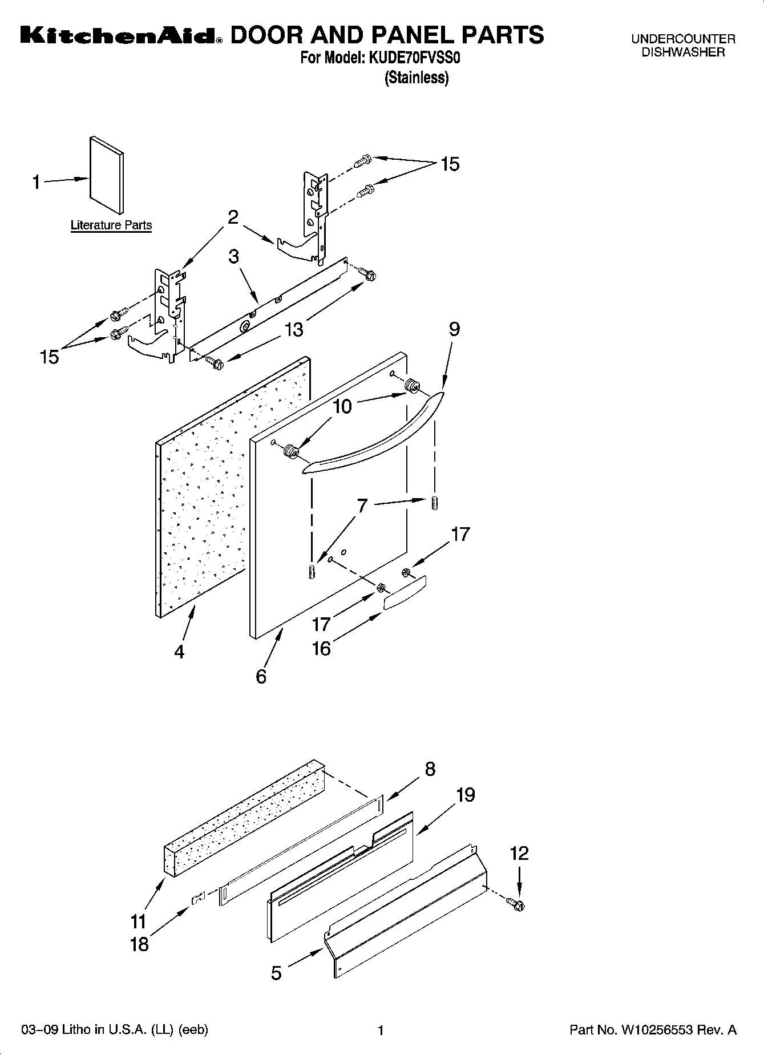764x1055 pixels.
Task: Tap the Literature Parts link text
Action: click(111, 225)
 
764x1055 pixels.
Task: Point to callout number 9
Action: click(454, 329)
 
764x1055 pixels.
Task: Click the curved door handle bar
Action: click(371, 434)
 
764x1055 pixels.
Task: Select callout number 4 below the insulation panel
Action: click(179, 652)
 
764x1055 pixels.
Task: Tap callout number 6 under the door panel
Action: click(261, 677)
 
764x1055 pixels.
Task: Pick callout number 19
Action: click(466, 795)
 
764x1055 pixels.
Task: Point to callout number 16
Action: click(321, 649)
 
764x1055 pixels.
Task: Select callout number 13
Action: click(294, 329)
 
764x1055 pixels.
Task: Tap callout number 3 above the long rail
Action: click(233, 257)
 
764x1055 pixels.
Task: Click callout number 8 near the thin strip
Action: click(430, 769)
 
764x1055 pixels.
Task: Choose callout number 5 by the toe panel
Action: click(276, 973)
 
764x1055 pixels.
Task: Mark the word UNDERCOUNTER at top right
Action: click(683, 39)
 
